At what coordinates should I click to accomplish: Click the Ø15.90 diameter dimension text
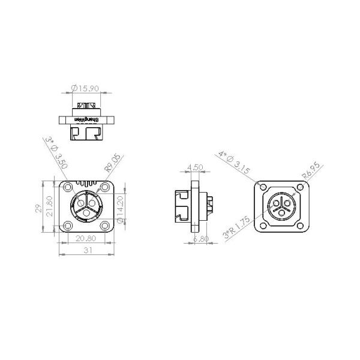point(85,88)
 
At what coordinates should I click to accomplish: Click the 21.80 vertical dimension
point(50,206)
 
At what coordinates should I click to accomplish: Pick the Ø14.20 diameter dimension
point(121,206)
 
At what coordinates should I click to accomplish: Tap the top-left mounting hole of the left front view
point(68,186)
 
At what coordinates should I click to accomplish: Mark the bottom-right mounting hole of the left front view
point(104,225)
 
